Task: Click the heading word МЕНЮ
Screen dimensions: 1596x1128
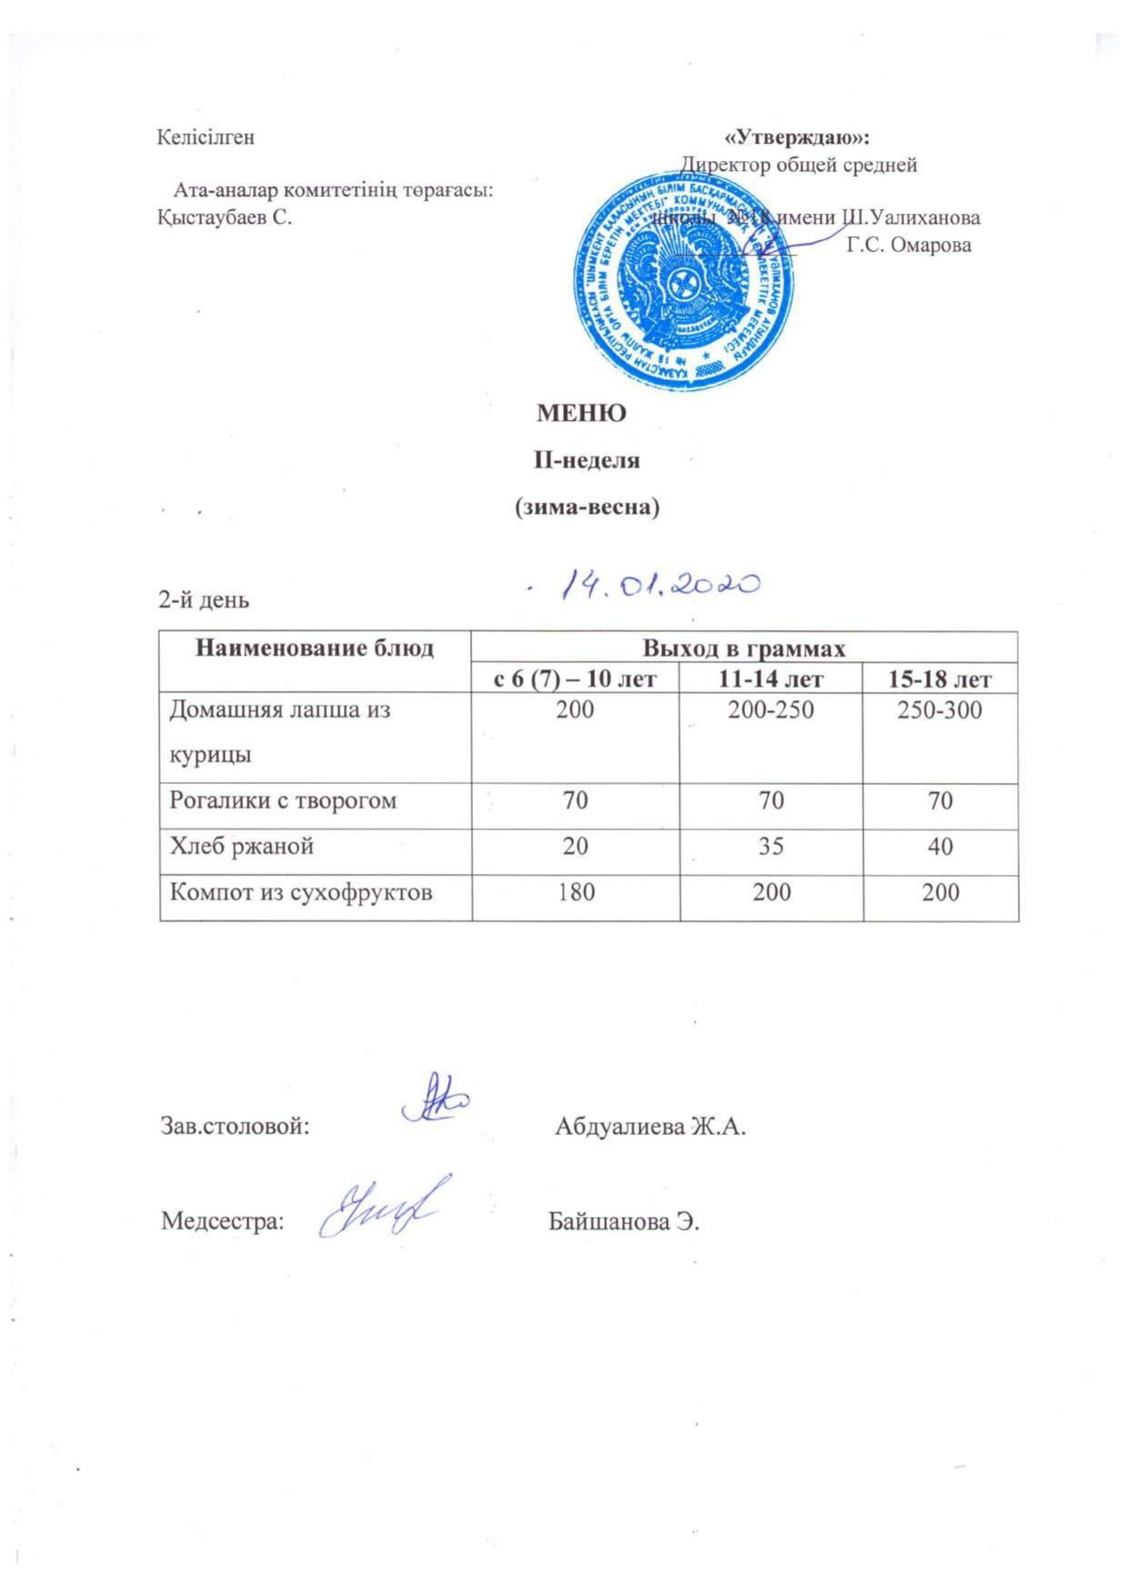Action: [x=581, y=414]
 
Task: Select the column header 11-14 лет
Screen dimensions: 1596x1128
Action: [x=770, y=678]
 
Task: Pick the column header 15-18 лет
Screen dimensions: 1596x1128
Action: [x=940, y=678]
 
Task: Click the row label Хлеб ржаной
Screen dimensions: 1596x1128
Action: [x=242, y=846]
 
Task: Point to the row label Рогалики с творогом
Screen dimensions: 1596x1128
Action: [x=283, y=800]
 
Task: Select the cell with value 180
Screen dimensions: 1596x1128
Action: [x=575, y=892]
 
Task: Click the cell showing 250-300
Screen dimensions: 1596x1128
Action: [x=940, y=709]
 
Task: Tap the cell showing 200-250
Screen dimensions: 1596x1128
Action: [x=770, y=709]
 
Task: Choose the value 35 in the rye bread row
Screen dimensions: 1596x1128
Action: [x=770, y=846]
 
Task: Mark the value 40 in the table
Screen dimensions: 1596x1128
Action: [x=940, y=846]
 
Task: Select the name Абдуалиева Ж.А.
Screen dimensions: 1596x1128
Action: [x=650, y=1127]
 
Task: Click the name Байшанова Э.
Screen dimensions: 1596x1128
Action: [x=623, y=1220]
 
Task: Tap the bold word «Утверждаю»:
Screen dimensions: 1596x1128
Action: [x=797, y=137]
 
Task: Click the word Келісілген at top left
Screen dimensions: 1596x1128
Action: [x=206, y=137]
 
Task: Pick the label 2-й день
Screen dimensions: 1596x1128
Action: [x=204, y=600]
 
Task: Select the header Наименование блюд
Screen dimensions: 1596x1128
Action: [x=315, y=648]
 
